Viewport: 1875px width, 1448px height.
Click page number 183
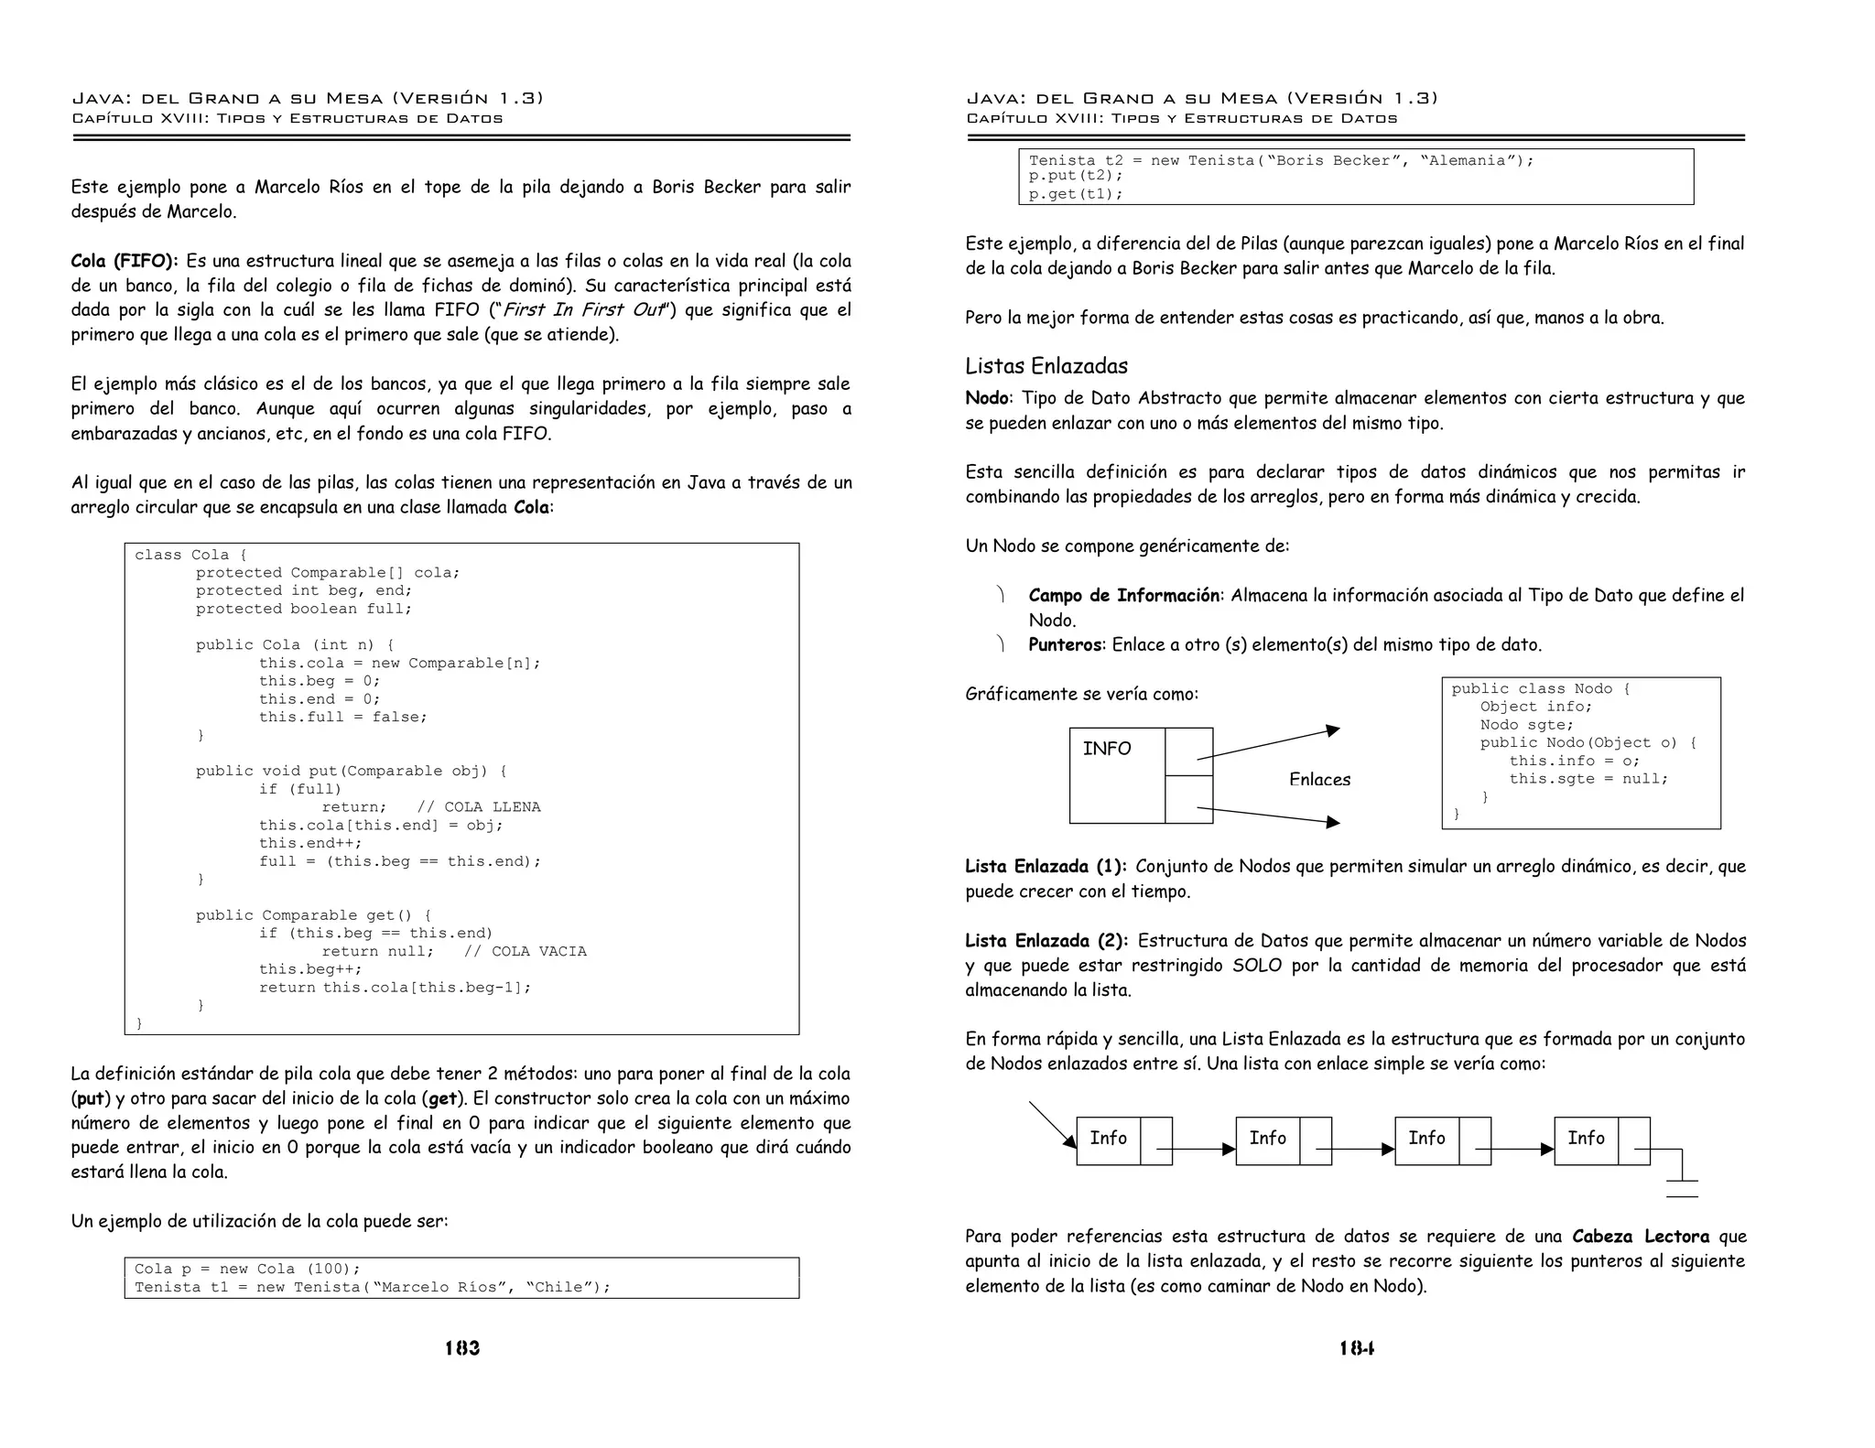point(462,1347)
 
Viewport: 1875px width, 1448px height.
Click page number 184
point(1356,1347)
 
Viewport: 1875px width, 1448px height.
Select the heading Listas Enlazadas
point(1046,366)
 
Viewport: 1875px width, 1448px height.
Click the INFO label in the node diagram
point(1107,749)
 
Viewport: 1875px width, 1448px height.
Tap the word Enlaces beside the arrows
point(1319,779)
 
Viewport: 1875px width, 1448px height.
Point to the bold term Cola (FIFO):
point(125,261)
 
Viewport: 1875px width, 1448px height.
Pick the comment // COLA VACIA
point(525,952)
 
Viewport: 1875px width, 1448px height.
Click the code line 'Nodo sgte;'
point(1526,725)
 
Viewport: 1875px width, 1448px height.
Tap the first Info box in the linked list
point(1108,1139)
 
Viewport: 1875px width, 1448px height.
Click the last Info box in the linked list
point(1586,1139)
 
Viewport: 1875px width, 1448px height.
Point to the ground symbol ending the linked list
point(1682,1187)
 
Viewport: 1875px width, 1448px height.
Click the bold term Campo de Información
point(1123,596)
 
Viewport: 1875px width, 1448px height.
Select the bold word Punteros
point(1065,644)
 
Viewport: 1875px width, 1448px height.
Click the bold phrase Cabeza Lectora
point(1640,1237)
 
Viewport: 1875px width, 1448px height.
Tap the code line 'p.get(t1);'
point(1075,194)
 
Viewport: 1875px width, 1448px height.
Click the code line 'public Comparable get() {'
point(313,915)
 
